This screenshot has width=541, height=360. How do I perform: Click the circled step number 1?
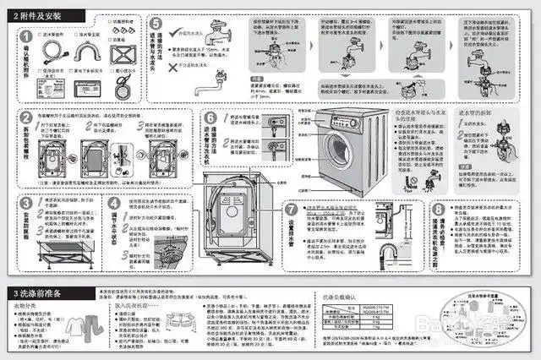click(x=27, y=37)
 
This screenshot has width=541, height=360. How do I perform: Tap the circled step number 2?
click(x=27, y=118)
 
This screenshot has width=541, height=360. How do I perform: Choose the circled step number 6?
click(x=210, y=118)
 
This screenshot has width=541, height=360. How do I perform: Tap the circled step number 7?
click(x=291, y=209)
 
